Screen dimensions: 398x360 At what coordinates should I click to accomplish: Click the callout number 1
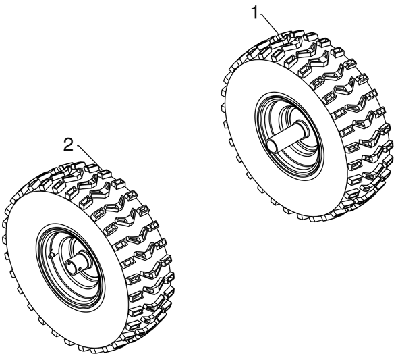pyautogui.click(x=255, y=13)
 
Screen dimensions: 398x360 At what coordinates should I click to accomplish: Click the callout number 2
pyautogui.click(x=68, y=145)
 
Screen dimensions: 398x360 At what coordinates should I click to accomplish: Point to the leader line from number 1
pyautogui.click(x=270, y=24)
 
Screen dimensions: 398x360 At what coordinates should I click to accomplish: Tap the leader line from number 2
pyautogui.click(x=87, y=154)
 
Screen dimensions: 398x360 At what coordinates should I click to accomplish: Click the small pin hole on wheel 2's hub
pyautogui.click(x=80, y=268)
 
